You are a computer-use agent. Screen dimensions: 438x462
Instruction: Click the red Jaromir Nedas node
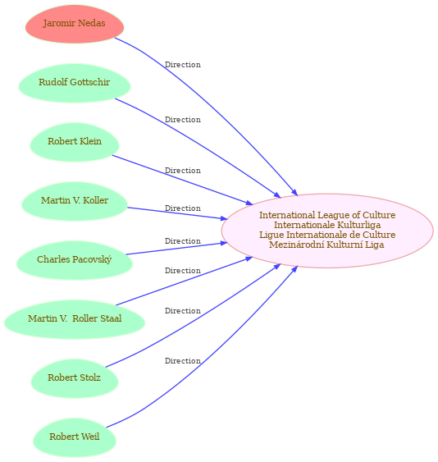click(x=75, y=24)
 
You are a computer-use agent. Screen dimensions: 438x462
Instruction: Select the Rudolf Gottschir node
click(x=75, y=83)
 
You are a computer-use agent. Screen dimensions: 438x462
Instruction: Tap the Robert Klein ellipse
click(x=75, y=142)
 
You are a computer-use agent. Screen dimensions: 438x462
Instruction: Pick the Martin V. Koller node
click(x=75, y=201)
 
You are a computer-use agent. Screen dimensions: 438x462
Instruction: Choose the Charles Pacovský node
click(x=75, y=260)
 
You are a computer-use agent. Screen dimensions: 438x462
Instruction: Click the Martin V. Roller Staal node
click(x=75, y=319)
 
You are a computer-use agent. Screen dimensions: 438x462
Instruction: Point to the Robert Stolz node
click(x=75, y=378)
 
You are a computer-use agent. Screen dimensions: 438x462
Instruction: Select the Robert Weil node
click(x=75, y=437)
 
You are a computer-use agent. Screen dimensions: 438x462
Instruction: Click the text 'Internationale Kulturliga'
click(x=327, y=225)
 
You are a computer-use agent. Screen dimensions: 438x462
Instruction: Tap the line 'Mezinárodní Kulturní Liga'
click(x=326, y=245)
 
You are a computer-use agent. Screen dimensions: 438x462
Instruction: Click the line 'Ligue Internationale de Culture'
click(x=327, y=235)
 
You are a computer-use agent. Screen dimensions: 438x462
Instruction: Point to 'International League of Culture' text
click(x=327, y=215)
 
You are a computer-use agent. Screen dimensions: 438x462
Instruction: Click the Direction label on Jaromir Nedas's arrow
click(x=183, y=65)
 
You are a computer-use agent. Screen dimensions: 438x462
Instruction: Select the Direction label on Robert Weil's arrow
click(x=183, y=360)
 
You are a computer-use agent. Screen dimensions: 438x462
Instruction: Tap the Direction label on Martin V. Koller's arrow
click(x=183, y=208)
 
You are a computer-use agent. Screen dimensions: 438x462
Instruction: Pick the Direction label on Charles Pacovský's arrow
click(x=183, y=241)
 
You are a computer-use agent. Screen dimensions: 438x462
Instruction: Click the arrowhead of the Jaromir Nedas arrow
click(x=294, y=192)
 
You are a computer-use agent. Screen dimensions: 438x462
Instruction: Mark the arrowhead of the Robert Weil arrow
click(x=294, y=270)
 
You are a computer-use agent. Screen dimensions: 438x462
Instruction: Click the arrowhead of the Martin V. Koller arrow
click(x=224, y=218)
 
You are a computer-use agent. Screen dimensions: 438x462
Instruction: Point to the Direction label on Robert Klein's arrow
click(x=183, y=171)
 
